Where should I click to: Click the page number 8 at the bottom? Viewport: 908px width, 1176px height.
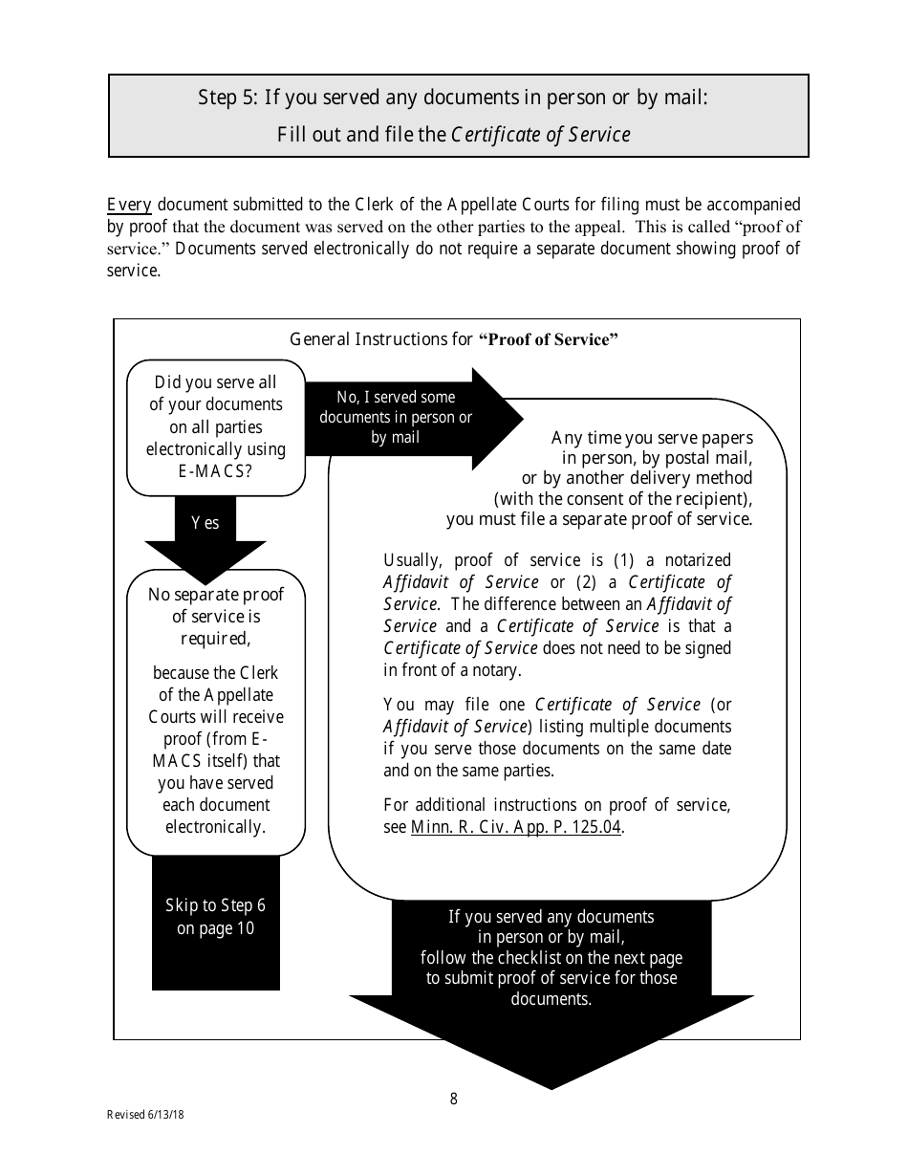click(453, 1099)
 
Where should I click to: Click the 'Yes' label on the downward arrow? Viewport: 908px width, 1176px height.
click(205, 522)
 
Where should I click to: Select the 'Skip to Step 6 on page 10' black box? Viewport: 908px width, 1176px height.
click(215, 917)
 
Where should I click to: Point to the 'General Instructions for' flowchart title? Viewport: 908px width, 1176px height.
click(381, 339)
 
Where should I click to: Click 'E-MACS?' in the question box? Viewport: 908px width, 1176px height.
click(215, 470)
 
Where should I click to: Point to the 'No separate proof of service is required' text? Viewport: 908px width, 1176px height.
click(216, 616)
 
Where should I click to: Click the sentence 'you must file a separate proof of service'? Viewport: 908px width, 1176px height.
click(599, 519)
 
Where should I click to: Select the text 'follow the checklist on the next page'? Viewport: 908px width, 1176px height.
click(551, 957)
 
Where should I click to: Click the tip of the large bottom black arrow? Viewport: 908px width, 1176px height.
click(551, 1085)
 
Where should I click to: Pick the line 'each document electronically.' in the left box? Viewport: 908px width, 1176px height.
click(216, 816)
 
